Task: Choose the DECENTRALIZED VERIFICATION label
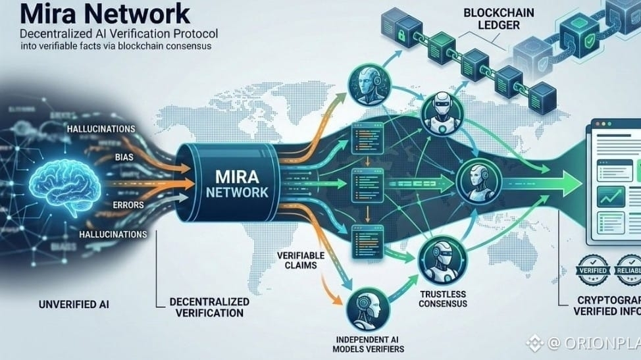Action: click(x=210, y=307)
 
